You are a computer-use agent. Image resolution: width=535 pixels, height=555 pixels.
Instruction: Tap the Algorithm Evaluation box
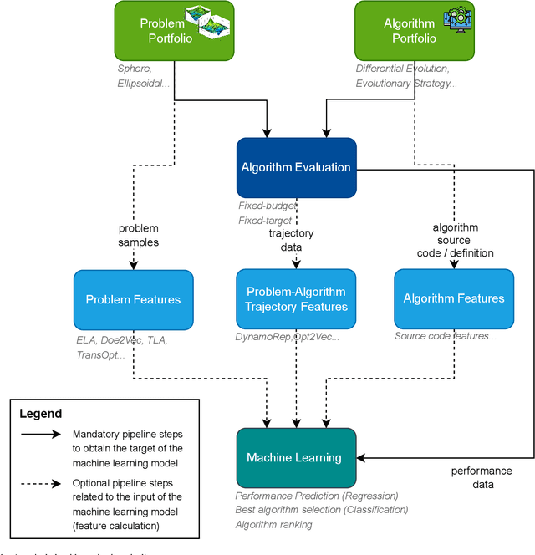(x=296, y=167)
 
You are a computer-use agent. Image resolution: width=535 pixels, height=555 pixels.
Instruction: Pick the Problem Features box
(x=133, y=299)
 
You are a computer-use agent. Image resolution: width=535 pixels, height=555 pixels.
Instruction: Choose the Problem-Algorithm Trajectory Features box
(x=296, y=299)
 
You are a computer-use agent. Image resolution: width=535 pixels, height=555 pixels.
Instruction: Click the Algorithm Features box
(x=454, y=298)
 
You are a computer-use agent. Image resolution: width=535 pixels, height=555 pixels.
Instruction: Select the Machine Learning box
(x=296, y=457)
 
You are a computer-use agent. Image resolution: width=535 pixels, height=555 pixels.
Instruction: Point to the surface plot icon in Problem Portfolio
(x=207, y=27)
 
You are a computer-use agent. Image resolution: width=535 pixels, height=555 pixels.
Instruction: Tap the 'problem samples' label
(x=138, y=235)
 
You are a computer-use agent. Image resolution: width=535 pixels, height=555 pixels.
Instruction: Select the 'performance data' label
(x=481, y=478)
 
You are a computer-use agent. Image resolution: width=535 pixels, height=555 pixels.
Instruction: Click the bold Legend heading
(x=40, y=414)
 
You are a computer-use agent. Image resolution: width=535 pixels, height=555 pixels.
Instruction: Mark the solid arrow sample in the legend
(x=39, y=435)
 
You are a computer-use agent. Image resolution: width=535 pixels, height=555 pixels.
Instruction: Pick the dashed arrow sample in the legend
(x=39, y=483)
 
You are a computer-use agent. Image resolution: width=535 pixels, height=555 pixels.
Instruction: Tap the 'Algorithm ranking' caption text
(x=274, y=524)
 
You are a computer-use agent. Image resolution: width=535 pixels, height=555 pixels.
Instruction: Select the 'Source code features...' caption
(x=446, y=336)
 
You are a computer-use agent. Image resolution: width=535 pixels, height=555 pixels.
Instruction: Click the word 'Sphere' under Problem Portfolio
(x=134, y=69)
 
